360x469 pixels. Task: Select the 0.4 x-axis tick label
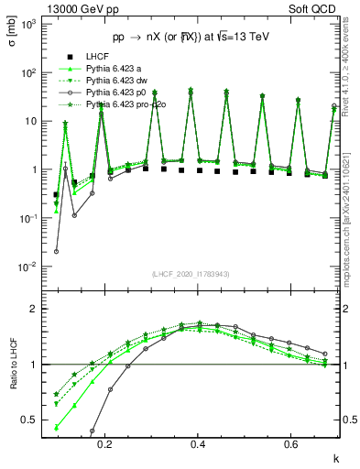[198, 443]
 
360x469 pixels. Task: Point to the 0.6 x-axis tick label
[290, 443]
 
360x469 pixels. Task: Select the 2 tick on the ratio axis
[34, 309]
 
